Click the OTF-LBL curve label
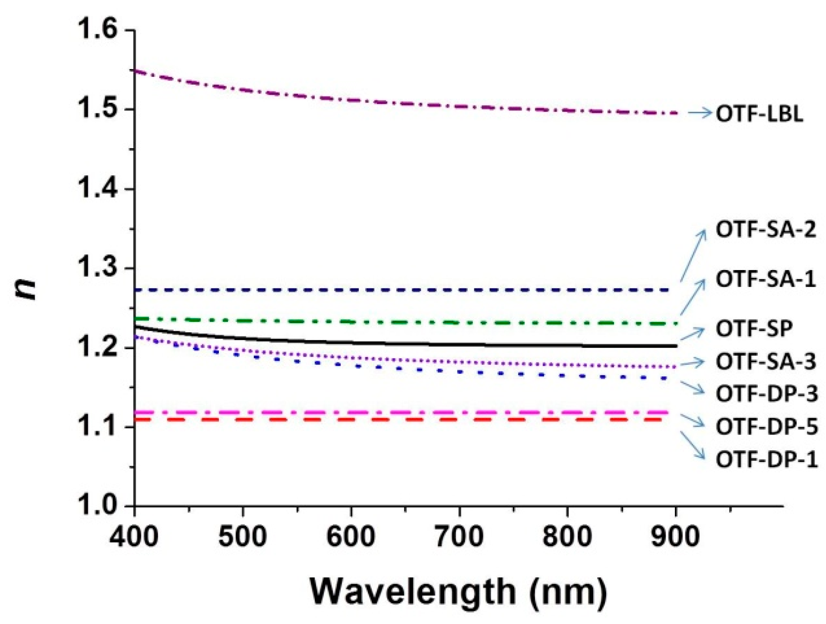759,115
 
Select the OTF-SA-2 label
766,230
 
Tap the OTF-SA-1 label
766,279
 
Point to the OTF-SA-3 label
766,362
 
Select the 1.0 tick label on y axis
96,506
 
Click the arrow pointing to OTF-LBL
700,113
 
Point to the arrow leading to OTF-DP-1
692,446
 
